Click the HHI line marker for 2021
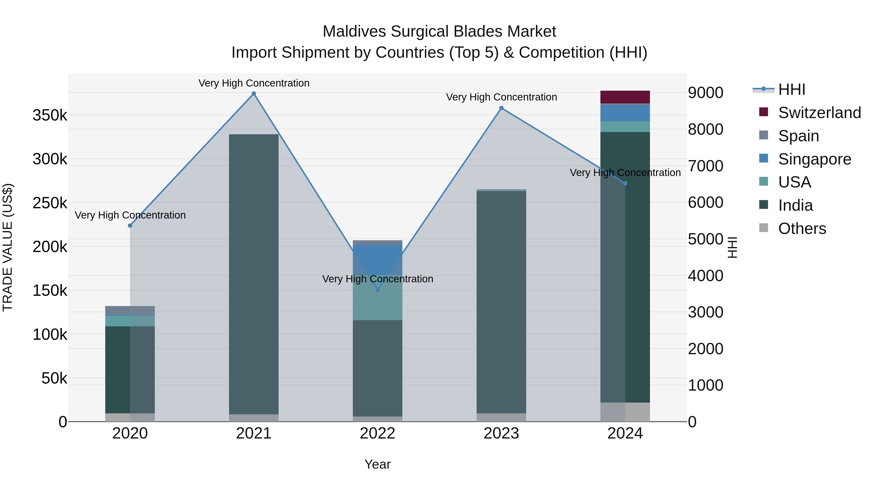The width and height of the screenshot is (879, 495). tap(253, 94)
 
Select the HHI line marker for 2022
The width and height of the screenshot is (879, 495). tap(377, 290)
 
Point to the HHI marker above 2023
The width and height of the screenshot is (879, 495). tap(501, 108)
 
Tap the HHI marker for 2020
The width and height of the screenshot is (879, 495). tap(130, 225)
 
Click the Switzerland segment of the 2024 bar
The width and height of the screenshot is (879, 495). tap(625, 97)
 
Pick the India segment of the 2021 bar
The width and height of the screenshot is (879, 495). tap(253, 273)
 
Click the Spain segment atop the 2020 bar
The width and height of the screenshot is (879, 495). tap(130, 310)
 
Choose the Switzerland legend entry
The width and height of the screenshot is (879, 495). tap(819, 113)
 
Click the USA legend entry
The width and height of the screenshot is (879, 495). tap(794, 182)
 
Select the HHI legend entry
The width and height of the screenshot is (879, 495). tap(792, 89)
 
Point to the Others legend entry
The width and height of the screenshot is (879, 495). tap(802, 229)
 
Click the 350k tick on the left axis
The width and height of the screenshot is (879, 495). tap(50, 115)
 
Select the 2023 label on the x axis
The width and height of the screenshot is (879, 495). tap(501, 433)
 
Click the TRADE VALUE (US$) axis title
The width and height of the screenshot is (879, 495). tap(8, 247)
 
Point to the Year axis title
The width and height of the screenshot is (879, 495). tap(377, 464)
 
